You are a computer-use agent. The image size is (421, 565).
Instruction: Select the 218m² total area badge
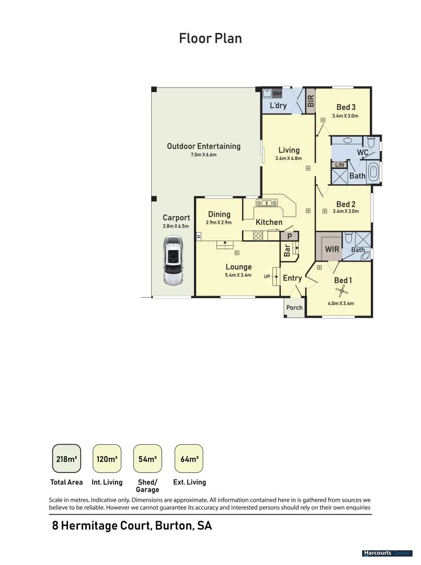pyautogui.click(x=66, y=459)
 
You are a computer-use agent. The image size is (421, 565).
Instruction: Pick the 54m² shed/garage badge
pyautogui.click(x=147, y=459)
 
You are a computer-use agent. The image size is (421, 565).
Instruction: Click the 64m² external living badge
pyautogui.click(x=188, y=459)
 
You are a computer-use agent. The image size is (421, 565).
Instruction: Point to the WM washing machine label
pyautogui.click(x=277, y=94)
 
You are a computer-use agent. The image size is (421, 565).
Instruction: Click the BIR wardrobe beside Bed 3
pyautogui.click(x=311, y=101)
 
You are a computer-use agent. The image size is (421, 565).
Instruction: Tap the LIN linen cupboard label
pyautogui.click(x=339, y=165)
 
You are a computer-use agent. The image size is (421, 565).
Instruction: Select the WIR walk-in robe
pyautogui.click(x=332, y=249)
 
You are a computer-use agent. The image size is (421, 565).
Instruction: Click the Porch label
pyautogui.click(x=294, y=308)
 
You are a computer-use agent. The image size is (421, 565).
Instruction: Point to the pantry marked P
pyautogui.click(x=290, y=237)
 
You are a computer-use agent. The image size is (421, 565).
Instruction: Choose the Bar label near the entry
pyautogui.click(x=287, y=251)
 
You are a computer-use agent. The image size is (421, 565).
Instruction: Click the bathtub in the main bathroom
pyautogui.click(x=373, y=172)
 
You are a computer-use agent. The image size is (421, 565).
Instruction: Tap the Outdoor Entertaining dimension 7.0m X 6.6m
pyautogui.click(x=203, y=155)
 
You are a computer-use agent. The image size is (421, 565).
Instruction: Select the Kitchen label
pyautogui.click(x=269, y=222)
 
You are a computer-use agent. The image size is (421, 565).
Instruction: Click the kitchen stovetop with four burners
pyautogui.click(x=258, y=235)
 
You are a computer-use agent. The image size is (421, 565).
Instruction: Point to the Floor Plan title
pyautogui.click(x=210, y=38)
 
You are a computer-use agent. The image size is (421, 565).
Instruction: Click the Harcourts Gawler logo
pyautogui.click(x=387, y=553)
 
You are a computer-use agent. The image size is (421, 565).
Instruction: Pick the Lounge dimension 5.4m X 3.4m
pyautogui.click(x=238, y=275)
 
